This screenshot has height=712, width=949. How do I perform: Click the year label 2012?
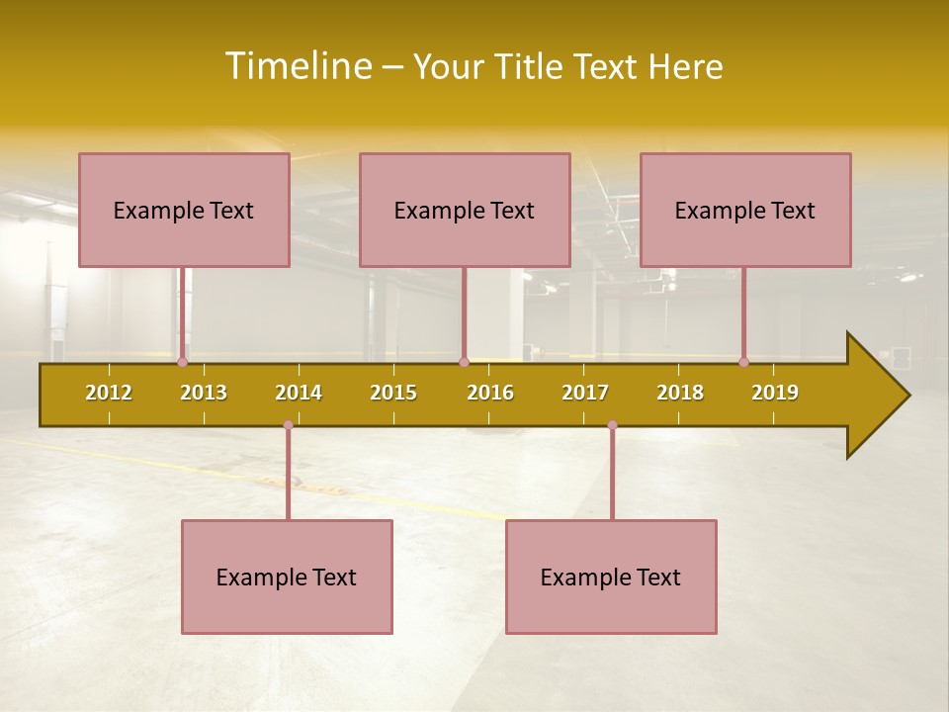click(x=109, y=393)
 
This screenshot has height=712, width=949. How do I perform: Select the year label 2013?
click(x=204, y=393)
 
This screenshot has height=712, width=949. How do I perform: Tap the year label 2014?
click(x=299, y=393)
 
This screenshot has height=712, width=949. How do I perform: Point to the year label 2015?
click(x=393, y=393)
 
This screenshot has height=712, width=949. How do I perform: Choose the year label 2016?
click(x=490, y=393)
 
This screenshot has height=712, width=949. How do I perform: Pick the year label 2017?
click(x=585, y=393)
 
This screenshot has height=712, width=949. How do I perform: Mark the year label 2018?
click(x=680, y=393)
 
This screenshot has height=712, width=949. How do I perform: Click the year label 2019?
click(x=775, y=393)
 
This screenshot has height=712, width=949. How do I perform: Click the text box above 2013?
click(x=184, y=210)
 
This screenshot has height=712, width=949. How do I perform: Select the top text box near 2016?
click(x=465, y=210)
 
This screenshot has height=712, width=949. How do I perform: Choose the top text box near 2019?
click(x=745, y=210)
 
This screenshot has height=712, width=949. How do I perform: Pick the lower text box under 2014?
click(x=287, y=577)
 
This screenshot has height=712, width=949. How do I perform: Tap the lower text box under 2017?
click(x=611, y=577)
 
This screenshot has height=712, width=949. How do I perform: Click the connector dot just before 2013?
click(x=182, y=362)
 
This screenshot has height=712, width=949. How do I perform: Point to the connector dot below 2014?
click(x=288, y=425)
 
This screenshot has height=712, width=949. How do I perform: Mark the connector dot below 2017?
click(x=612, y=425)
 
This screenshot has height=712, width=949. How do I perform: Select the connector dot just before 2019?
click(x=743, y=362)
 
